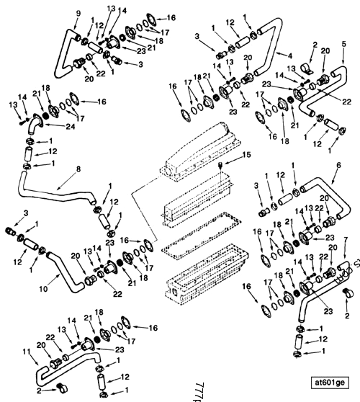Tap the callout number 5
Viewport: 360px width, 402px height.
pyautogui.click(x=343, y=44)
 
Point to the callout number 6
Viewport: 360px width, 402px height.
pyautogui.click(x=338, y=165)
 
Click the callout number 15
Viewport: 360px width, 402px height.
pyautogui.click(x=228, y=155)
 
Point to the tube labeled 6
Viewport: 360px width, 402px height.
pyautogui.click(x=317, y=184)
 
